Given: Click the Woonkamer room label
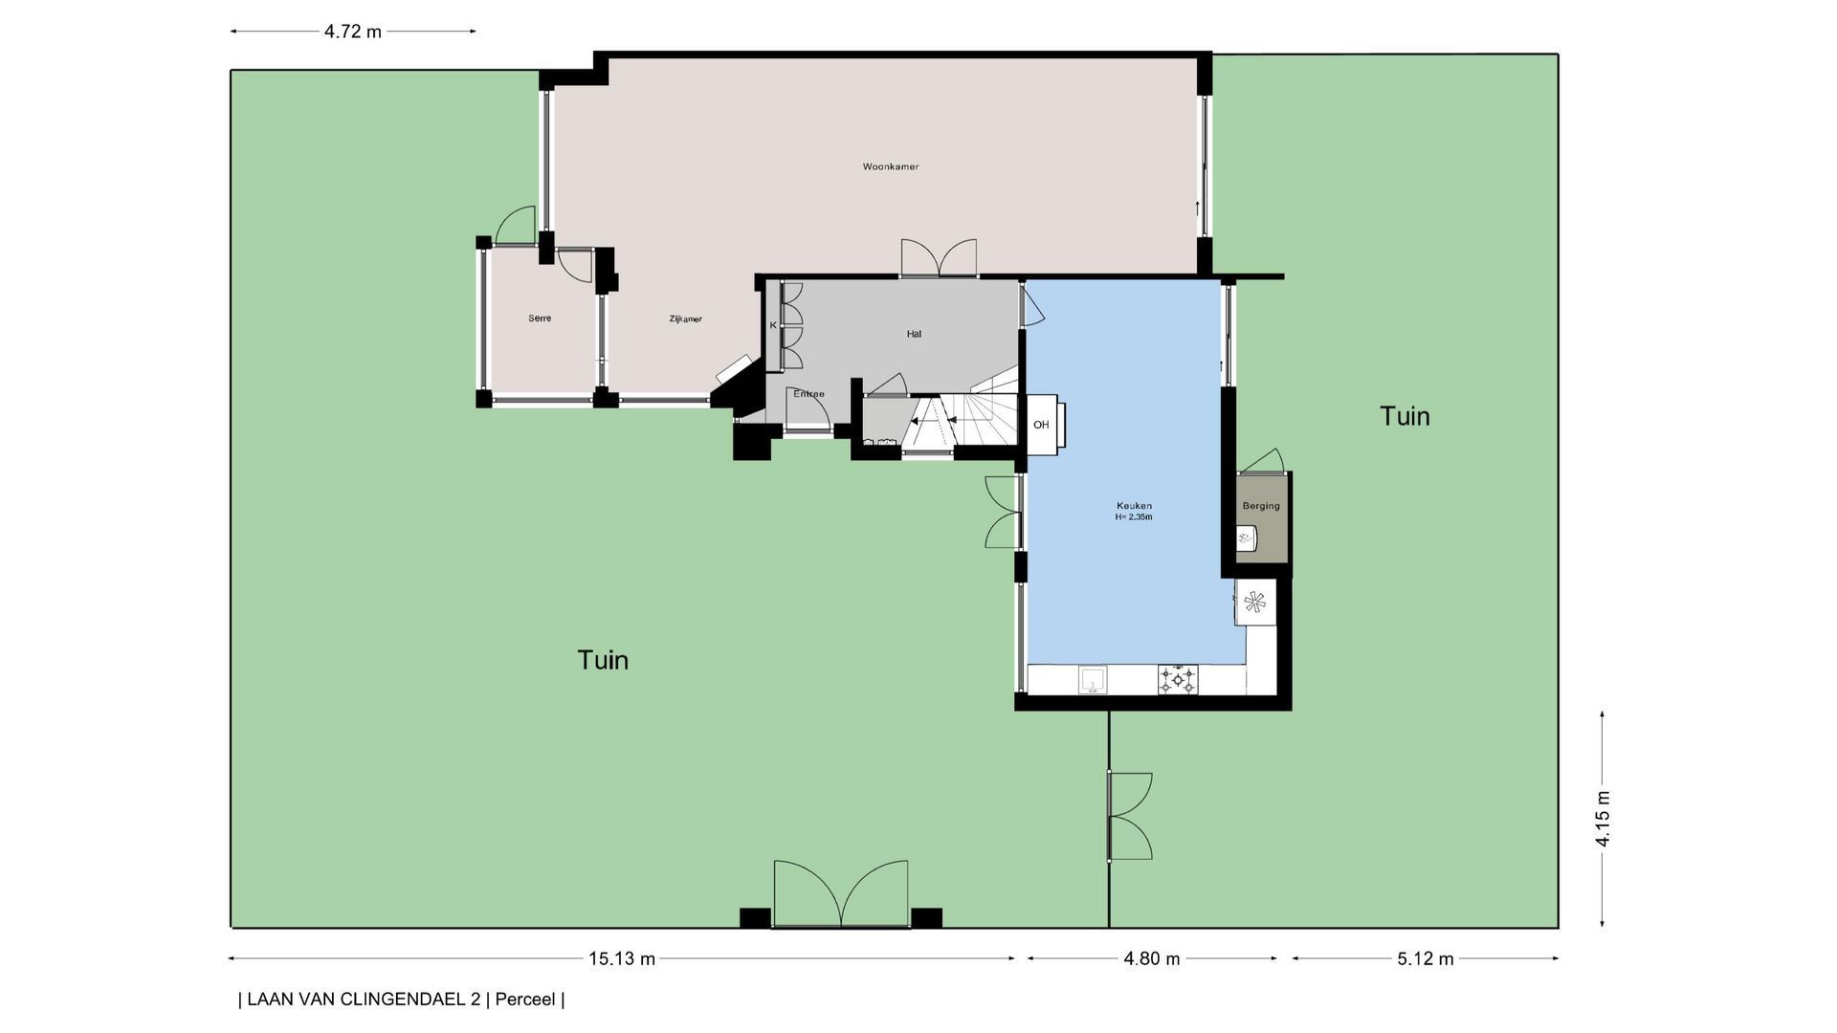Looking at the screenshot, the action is pos(890,166).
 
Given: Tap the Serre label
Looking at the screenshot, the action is pos(540,319).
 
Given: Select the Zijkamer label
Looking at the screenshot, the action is pos(685,319).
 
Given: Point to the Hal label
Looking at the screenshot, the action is pos(914,334).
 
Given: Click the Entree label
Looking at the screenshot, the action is pos(808,394).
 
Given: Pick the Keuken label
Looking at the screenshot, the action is pos(1134,506).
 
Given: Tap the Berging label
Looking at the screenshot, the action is pos(1261,506).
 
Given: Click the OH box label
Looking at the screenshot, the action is pos(1041,425).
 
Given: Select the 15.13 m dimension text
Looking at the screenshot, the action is pos(622,958).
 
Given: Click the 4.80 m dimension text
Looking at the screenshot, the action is pos(1152,958).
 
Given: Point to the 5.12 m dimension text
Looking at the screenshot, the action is pos(1426,958).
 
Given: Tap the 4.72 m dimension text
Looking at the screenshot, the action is pos(353,32).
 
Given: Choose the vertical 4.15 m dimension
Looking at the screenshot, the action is pos(1603,819).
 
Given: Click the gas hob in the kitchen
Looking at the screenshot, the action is pos(1177,679).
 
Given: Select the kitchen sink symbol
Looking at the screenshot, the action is pos(1093,680).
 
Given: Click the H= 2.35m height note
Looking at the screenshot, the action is pos(1134,517).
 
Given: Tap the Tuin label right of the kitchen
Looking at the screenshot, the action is pos(1405,416).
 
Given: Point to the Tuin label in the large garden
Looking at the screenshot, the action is pos(603,660).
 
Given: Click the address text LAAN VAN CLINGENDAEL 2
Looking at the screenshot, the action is pos(364,1000).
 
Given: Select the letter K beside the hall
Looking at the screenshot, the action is pos(773,325).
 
